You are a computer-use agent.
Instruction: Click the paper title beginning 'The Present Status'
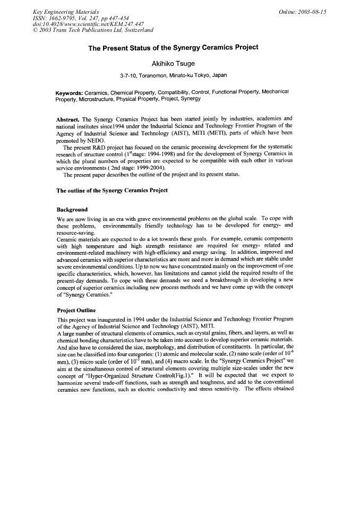tap(173, 47)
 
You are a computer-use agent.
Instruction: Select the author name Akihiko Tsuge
tap(173, 64)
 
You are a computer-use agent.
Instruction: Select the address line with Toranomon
tap(174, 76)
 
